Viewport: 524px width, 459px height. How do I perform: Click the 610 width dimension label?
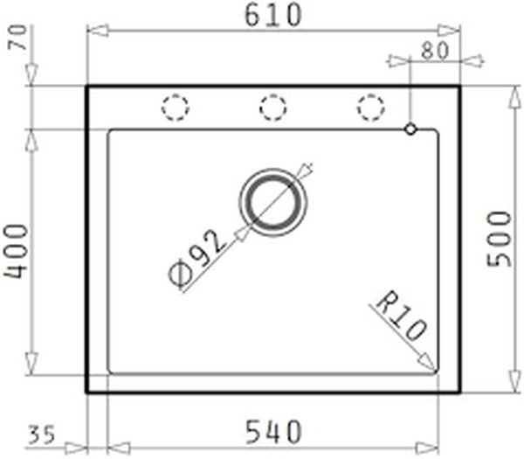point(273,15)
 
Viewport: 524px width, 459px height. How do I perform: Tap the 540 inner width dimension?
point(273,432)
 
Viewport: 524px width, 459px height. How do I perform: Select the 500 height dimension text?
point(500,240)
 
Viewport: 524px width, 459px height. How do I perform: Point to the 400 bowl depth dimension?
point(16,252)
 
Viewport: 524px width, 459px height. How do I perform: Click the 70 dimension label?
point(18,38)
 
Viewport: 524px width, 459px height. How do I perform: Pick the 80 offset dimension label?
point(434,52)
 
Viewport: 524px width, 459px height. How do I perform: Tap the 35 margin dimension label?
point(41,435)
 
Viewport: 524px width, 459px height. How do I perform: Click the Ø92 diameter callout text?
point(196,257)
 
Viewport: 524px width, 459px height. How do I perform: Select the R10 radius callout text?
point(401,316)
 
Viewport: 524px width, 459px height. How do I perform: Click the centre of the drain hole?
point(273,203)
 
